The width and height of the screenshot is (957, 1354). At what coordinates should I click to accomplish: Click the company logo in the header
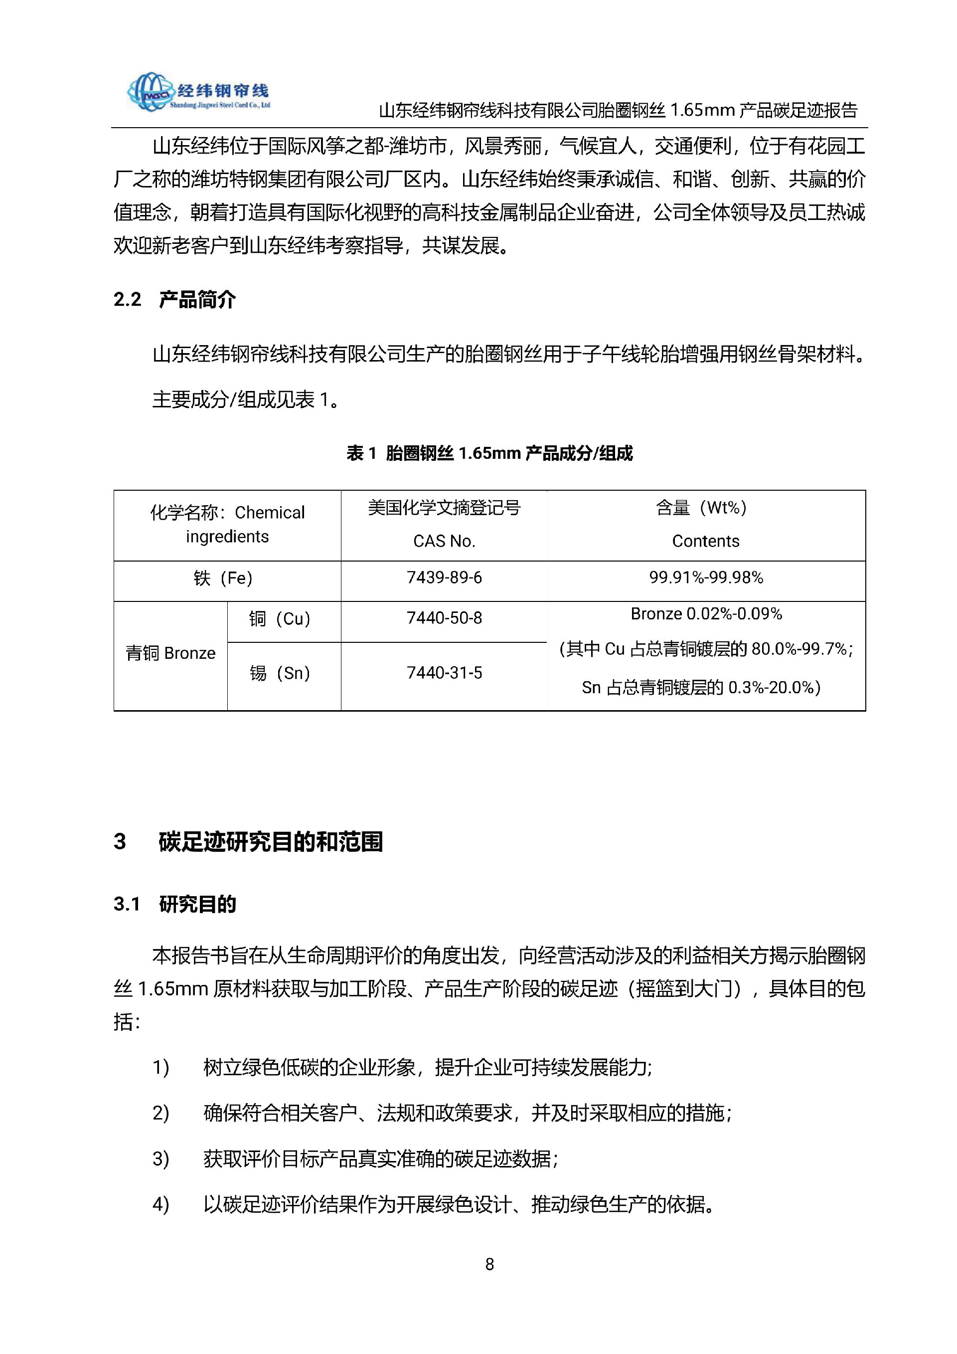coord(198,92)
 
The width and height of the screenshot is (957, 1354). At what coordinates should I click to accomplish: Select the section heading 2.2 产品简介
coord(174,300)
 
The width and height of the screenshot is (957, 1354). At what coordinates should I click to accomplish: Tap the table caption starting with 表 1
coord(489,453)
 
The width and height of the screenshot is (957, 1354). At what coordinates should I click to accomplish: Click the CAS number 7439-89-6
coord(444,578)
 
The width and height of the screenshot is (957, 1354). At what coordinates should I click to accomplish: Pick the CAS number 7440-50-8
coord(444,618)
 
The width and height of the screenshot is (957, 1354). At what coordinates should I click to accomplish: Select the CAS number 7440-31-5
coord(444,673)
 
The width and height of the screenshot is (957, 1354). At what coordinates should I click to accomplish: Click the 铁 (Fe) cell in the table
coord(223,579)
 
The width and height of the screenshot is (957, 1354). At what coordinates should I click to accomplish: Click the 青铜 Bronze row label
coord(170,653)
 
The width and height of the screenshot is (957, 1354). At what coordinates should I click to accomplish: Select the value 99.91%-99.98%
coord(705,578)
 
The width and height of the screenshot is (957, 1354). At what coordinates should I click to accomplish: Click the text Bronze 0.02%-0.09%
coord(705,614)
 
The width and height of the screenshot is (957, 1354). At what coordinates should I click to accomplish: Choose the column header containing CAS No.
coord(444,541)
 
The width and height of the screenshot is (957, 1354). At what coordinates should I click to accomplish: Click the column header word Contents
coord(705,541)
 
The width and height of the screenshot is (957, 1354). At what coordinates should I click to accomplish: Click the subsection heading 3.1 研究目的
coord(174,905)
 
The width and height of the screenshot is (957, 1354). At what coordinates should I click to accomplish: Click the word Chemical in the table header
coord(269,513)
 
